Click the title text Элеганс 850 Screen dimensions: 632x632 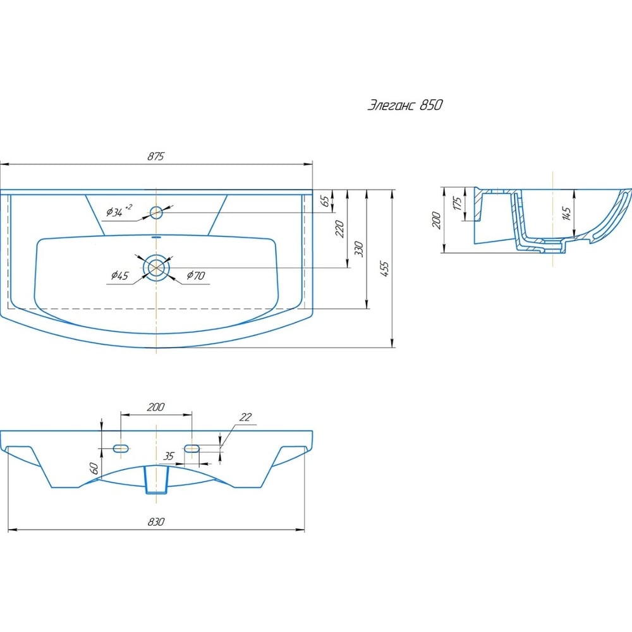[405, 105]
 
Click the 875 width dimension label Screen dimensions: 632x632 [155, 156]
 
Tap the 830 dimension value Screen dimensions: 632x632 [156, 521]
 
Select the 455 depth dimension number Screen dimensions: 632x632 [385, 269]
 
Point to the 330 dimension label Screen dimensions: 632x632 [359, 250]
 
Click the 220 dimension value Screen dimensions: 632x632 [340, 229]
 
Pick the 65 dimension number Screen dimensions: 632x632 [325, 201]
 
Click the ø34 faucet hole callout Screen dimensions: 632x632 [119, 210]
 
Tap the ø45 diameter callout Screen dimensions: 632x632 [119, 276]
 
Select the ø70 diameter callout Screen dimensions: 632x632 [196, 276]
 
